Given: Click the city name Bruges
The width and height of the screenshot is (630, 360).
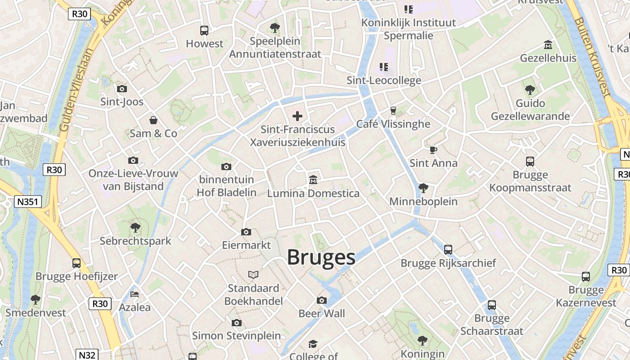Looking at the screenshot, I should click(x=321, y=257).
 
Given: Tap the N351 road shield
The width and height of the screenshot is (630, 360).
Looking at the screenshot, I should click(x=28, y=202).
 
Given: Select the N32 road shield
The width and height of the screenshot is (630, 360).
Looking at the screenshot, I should click(x=86, y=355).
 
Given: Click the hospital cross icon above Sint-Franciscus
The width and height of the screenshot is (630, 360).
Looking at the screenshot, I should click(x=297, y=116).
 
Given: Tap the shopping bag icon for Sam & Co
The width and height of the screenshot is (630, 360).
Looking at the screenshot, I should click(x=153, y=120).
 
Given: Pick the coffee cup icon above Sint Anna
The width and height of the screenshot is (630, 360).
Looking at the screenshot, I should click(x=433, y=150).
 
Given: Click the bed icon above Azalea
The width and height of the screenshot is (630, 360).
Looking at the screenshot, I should click(x=134, y=294).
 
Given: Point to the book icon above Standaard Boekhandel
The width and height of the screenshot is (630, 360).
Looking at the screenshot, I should click(x=253, y=274).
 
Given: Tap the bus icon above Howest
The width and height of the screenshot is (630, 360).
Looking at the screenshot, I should click(x=204, y=31).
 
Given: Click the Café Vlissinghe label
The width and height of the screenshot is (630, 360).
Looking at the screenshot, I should click(x=393, y=124).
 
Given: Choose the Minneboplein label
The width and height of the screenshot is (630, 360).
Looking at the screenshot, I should click(x=423, y=202).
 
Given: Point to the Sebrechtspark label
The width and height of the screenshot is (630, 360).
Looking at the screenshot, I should click(x=135, y=241).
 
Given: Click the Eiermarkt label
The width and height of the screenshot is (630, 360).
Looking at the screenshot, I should click(x=246, y=245).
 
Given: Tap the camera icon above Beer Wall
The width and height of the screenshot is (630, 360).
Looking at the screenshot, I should click(x=322, y=300).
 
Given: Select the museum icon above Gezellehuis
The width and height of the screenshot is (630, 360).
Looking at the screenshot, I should click(x=548, y=45).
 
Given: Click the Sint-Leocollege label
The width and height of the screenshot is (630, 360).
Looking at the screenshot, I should click(x=384, y=81).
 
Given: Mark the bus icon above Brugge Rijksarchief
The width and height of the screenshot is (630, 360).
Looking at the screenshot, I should click(x=448, y=249).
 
